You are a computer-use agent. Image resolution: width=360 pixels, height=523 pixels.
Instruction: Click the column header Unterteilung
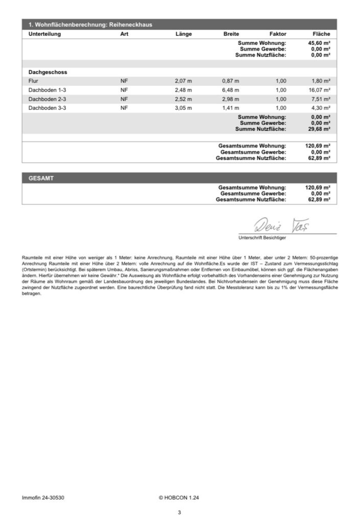coord(45,34)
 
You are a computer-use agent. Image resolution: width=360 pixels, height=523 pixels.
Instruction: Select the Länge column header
coord(183,34)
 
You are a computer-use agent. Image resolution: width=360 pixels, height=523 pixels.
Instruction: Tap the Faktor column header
coord(278,34)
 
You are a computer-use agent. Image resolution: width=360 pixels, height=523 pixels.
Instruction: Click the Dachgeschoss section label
coord(48,73)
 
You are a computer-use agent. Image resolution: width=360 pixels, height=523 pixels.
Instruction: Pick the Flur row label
coord(34,81)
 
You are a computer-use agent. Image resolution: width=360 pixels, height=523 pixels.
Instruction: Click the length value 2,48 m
coord(183,90)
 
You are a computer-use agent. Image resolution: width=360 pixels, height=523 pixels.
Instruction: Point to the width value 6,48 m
coord(230,90)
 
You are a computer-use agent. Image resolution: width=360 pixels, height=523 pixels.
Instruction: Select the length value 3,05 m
coord(183,108)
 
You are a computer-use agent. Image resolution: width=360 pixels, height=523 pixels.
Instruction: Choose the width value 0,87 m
coord(230,81)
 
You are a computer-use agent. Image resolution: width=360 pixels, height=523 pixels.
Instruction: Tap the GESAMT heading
coord(42,178)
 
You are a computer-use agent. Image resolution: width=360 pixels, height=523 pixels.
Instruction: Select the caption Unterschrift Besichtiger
coord(262,238)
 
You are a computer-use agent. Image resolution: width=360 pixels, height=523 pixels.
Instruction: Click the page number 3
coord(180,513)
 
